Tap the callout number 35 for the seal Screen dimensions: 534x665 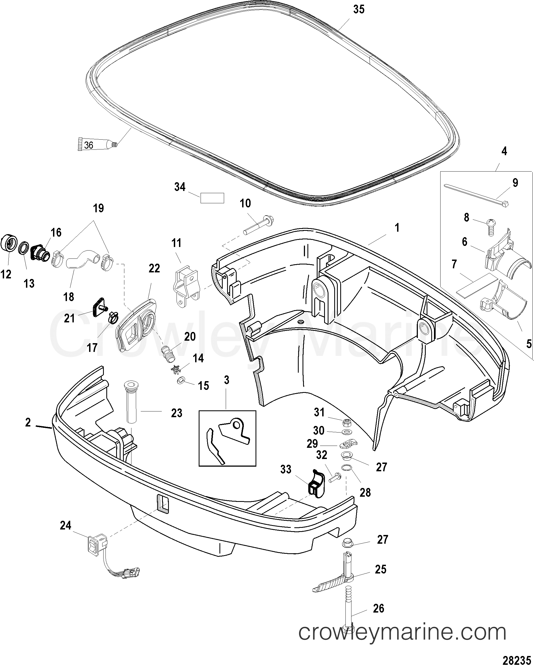(359, 10)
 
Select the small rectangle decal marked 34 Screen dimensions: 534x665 (212, 198)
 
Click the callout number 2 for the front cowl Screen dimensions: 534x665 (28, 422)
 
